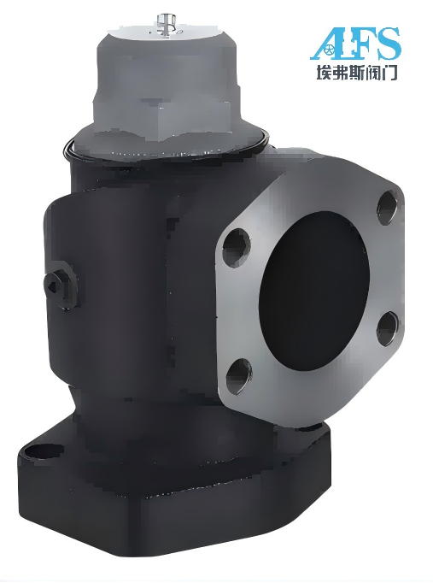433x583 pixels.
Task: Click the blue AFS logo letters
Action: coord(355,44)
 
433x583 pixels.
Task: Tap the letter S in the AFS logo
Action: coord(385,44)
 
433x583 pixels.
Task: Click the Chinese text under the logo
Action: coord(356,72)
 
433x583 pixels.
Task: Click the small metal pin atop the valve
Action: coord(162,25)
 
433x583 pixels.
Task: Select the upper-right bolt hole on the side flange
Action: coord(387,207)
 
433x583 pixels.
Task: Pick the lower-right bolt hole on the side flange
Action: coord(388,328)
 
